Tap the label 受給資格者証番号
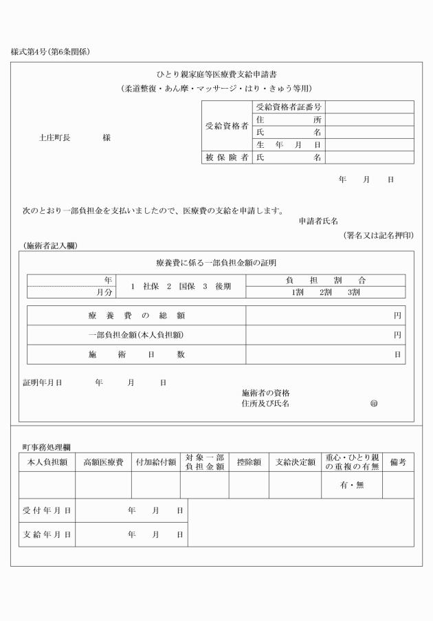coord(289,107)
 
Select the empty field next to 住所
coord(369,119)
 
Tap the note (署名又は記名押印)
coord(379,235)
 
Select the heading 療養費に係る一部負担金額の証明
coord(216,263)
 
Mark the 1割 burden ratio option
coord(297,292)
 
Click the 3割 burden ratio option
coord(353,292)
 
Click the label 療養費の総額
coord(136,316)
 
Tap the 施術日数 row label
coord(136,354)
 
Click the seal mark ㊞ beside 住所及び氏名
coord(374,404)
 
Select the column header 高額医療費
coord(103,462)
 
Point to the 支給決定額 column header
coord(295,462)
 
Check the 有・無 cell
coord(351,486)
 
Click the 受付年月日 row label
coord(47,511)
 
